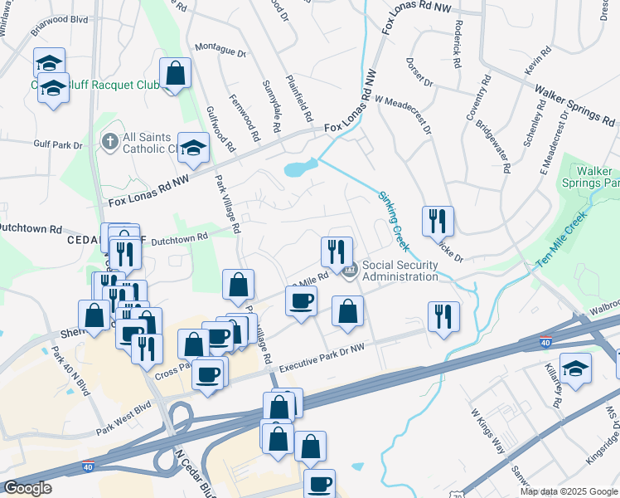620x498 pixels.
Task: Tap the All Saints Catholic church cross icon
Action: coord(109,142)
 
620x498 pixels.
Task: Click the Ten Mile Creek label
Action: coord(561,239)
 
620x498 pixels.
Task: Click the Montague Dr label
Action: coord(219,51)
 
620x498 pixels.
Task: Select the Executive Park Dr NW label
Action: coord(321,359)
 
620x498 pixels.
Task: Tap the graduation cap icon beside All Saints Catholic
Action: coord(193,148)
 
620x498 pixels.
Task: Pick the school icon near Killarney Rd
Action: coord(575,366)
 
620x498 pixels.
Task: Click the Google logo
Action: coord(27,488)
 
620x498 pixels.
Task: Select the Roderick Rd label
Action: coord(458,38)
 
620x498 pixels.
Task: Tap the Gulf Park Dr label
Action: coord(54,144)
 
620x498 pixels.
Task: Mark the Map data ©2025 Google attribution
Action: coord(569,491)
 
